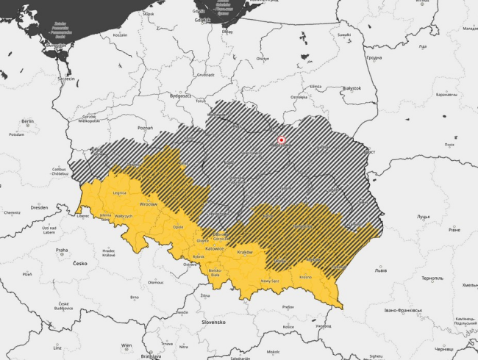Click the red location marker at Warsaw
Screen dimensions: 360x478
[281, 140]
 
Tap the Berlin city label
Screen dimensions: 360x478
[28, 121]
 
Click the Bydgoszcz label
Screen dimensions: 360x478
[180, 96]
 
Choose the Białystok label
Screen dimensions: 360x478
[351, 87]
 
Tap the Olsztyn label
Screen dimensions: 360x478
[263, 58]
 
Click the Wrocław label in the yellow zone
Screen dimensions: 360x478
[149, 203]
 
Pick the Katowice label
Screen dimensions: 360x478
[215, 249]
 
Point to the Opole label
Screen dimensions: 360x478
[178, 227]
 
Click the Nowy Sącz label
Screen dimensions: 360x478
[271, 281]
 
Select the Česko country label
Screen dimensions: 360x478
[79, 263]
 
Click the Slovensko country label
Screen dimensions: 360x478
[213, 322]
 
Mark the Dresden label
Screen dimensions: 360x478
[40, 207]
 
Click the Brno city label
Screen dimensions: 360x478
[135, 298]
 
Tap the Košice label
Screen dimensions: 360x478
[288, 327]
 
